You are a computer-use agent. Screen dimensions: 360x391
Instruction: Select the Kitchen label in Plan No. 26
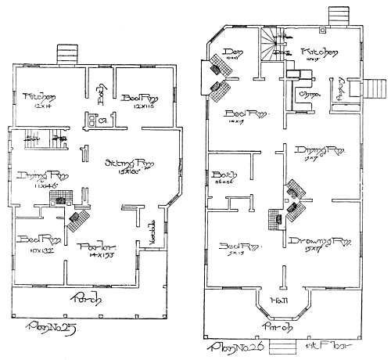coord(318,52)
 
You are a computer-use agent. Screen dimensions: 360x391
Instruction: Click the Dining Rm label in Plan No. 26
coord(320,150)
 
